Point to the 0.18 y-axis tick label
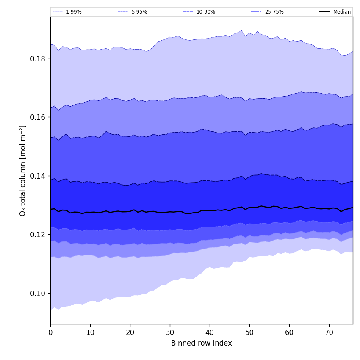point(38,58)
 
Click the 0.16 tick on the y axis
point(38,117)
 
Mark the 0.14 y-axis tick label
point(38,176)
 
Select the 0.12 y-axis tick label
point(38,235)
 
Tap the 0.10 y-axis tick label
point(38,293)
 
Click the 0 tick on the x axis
point(50,332)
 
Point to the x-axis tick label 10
point(90,332)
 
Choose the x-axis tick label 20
point(130,332)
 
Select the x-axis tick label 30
point(170,332)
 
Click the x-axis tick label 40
point(210,332)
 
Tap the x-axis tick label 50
point(249,332)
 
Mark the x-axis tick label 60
point(289,332)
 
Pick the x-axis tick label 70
point(329,332)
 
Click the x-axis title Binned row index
point(202,343)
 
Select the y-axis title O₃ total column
point(23,170)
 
